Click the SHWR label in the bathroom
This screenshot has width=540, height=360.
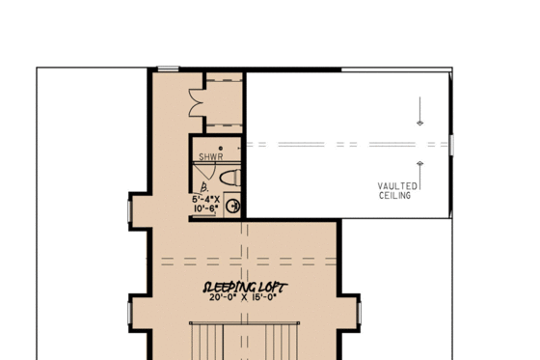tap(210, 156)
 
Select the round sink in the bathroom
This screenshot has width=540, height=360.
tap(231, 205)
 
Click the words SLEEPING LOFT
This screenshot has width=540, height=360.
tap(236, 288)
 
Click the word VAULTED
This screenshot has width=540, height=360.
tap(396, 185)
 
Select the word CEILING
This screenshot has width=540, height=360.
tap(395, 195)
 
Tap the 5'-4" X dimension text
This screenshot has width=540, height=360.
tap(204, 199)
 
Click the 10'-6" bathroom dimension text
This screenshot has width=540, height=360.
tap(204, 208)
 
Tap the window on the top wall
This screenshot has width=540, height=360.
tap(169, 68)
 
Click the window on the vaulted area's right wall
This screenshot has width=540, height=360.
tap(450, 145)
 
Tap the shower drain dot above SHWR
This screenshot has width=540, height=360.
tap(221, 149)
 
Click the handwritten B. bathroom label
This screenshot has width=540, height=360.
tap(203, 187)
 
